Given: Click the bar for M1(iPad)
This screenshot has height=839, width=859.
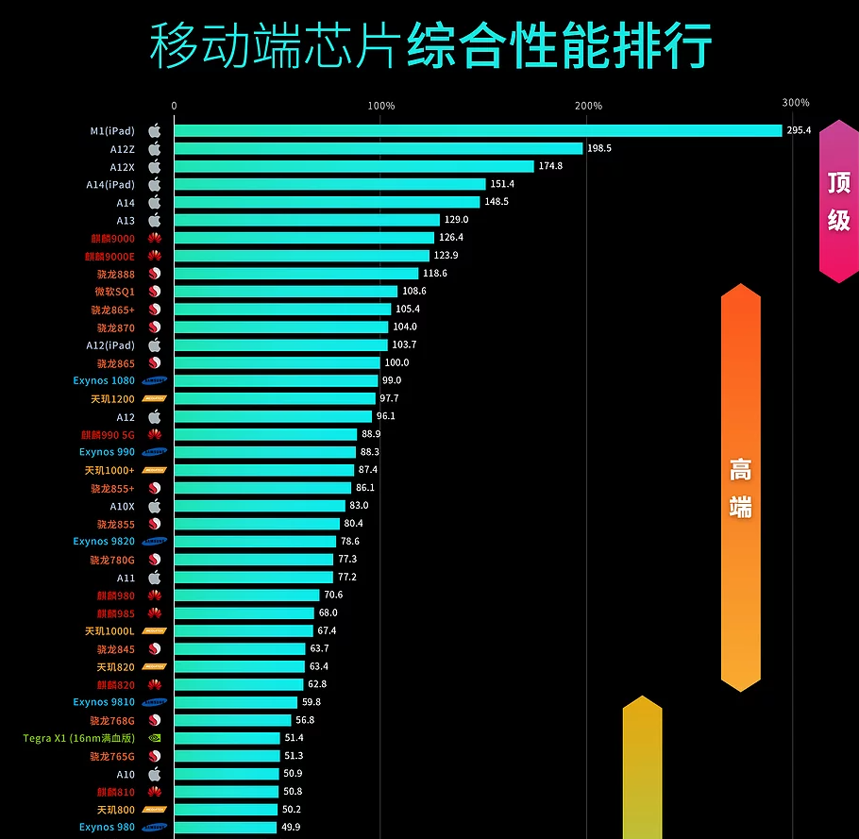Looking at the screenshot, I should click(478, 130).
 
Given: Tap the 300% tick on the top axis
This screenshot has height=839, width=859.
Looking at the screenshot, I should click(795, 103).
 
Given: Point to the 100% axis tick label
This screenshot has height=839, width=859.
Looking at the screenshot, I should click(380, 106).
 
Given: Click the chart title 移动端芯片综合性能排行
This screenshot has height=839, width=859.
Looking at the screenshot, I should click(430, 44).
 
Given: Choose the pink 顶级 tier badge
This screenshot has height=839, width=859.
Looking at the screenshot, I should click(838, 201).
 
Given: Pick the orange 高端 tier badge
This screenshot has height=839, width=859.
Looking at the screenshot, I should click(740, 487).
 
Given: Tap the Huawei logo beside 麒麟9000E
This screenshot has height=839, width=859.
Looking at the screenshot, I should click(155, 256).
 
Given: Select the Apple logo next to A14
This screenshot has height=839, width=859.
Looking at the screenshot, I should click(155, 202).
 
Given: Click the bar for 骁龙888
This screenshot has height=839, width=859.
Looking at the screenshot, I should click(295, 274).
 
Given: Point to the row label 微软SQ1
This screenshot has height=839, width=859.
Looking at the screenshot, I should click(114, 292).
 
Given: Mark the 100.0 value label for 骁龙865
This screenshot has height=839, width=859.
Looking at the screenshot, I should click(396, 363).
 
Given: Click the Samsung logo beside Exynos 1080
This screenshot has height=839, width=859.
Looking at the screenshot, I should click(154, 381).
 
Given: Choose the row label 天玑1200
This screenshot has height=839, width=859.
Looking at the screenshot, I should click(111, 399).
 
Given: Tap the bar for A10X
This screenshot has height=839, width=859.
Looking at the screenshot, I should click(260, 506).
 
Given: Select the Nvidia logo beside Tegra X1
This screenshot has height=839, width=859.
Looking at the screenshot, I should click(155, 738).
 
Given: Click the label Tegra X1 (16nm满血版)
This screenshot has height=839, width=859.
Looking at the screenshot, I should click(79, 738).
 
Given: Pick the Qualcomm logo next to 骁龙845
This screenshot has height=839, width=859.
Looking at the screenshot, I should click(155, 649).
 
